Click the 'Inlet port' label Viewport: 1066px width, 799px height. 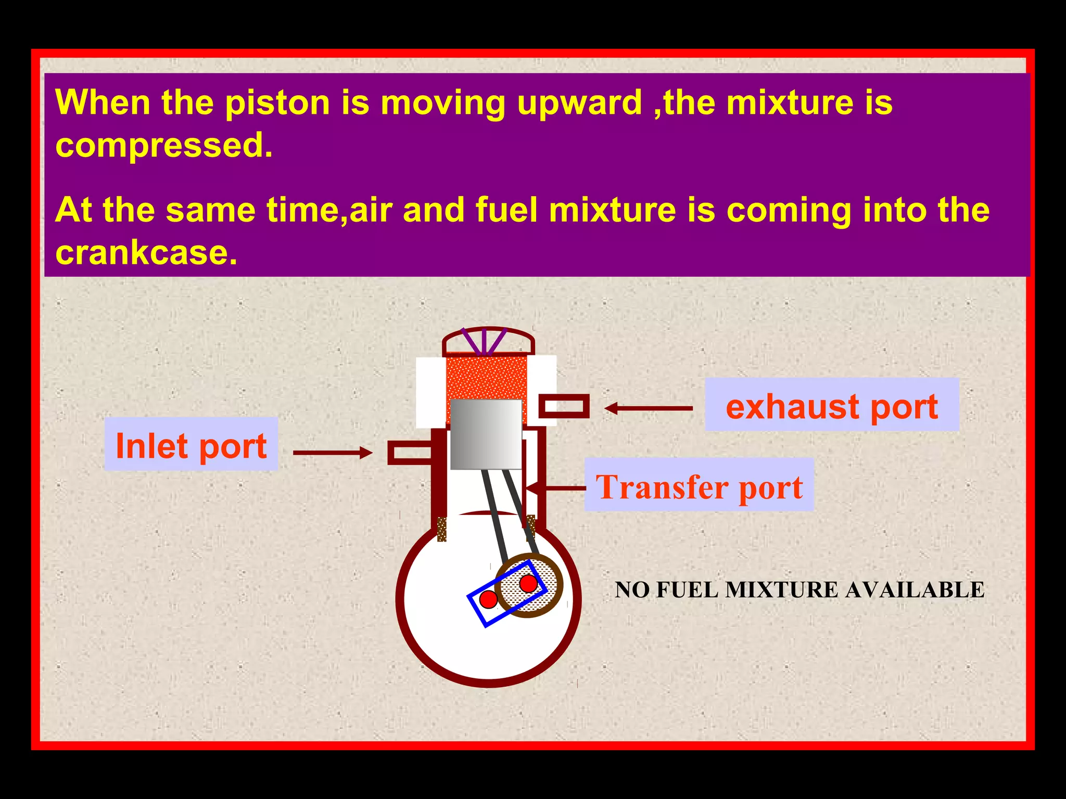[191, 445]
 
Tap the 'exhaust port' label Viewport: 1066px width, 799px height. [831, 406]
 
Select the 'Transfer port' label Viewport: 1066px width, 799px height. [699, 486]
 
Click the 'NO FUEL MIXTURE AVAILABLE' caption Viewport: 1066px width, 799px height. [799, 590]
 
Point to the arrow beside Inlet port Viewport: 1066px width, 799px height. [333, 453]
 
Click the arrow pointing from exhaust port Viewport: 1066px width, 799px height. [648, 408]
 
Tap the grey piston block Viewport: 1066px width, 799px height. [486, 434]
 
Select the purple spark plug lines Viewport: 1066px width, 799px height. [484, 342]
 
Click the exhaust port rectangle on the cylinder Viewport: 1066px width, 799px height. [564, 406]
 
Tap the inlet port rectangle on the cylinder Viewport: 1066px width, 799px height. [410, 453]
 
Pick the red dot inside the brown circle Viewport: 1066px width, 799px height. [528, 584]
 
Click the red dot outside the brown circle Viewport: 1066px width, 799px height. [488, 599]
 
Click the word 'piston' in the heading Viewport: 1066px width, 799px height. [277, 102]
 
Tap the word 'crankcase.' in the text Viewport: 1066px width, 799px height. [146, 253]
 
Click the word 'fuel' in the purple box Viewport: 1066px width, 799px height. [506, 210]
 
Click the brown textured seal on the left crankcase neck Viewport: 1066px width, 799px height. [442, 529]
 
